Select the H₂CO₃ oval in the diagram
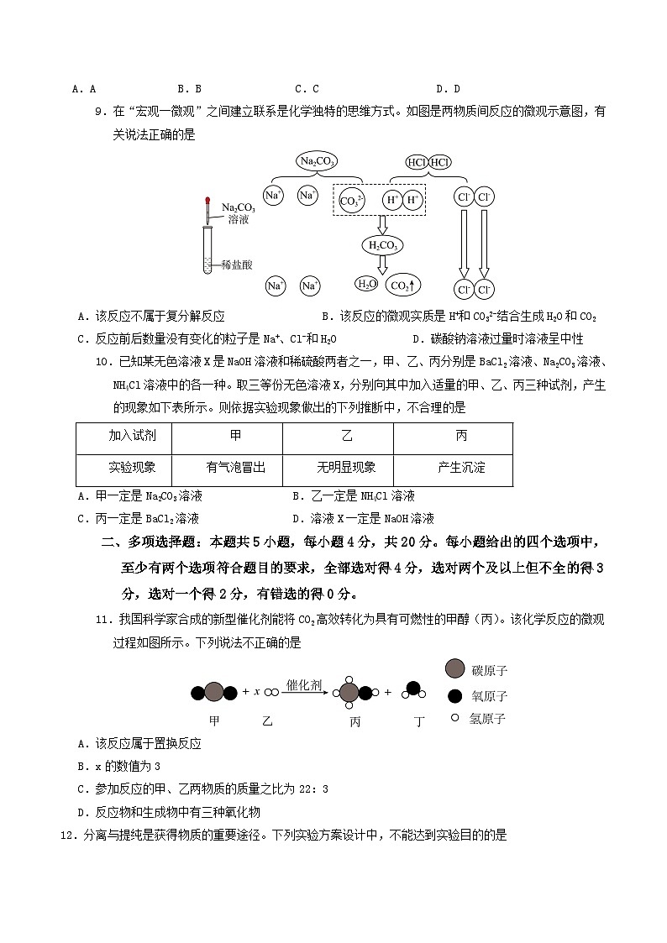[x=382, y=244]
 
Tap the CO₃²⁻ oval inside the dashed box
[x=351, y=200]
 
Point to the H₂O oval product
[x=366, y=284]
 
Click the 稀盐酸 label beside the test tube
[x=238, y=263]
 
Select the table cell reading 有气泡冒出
[x=235, y=468]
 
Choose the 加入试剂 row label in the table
[x=132, y=436]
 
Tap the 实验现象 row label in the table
[x=132, y=468]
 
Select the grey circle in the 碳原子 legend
[x=455, y=668]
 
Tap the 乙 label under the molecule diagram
[x=267, y=721]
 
